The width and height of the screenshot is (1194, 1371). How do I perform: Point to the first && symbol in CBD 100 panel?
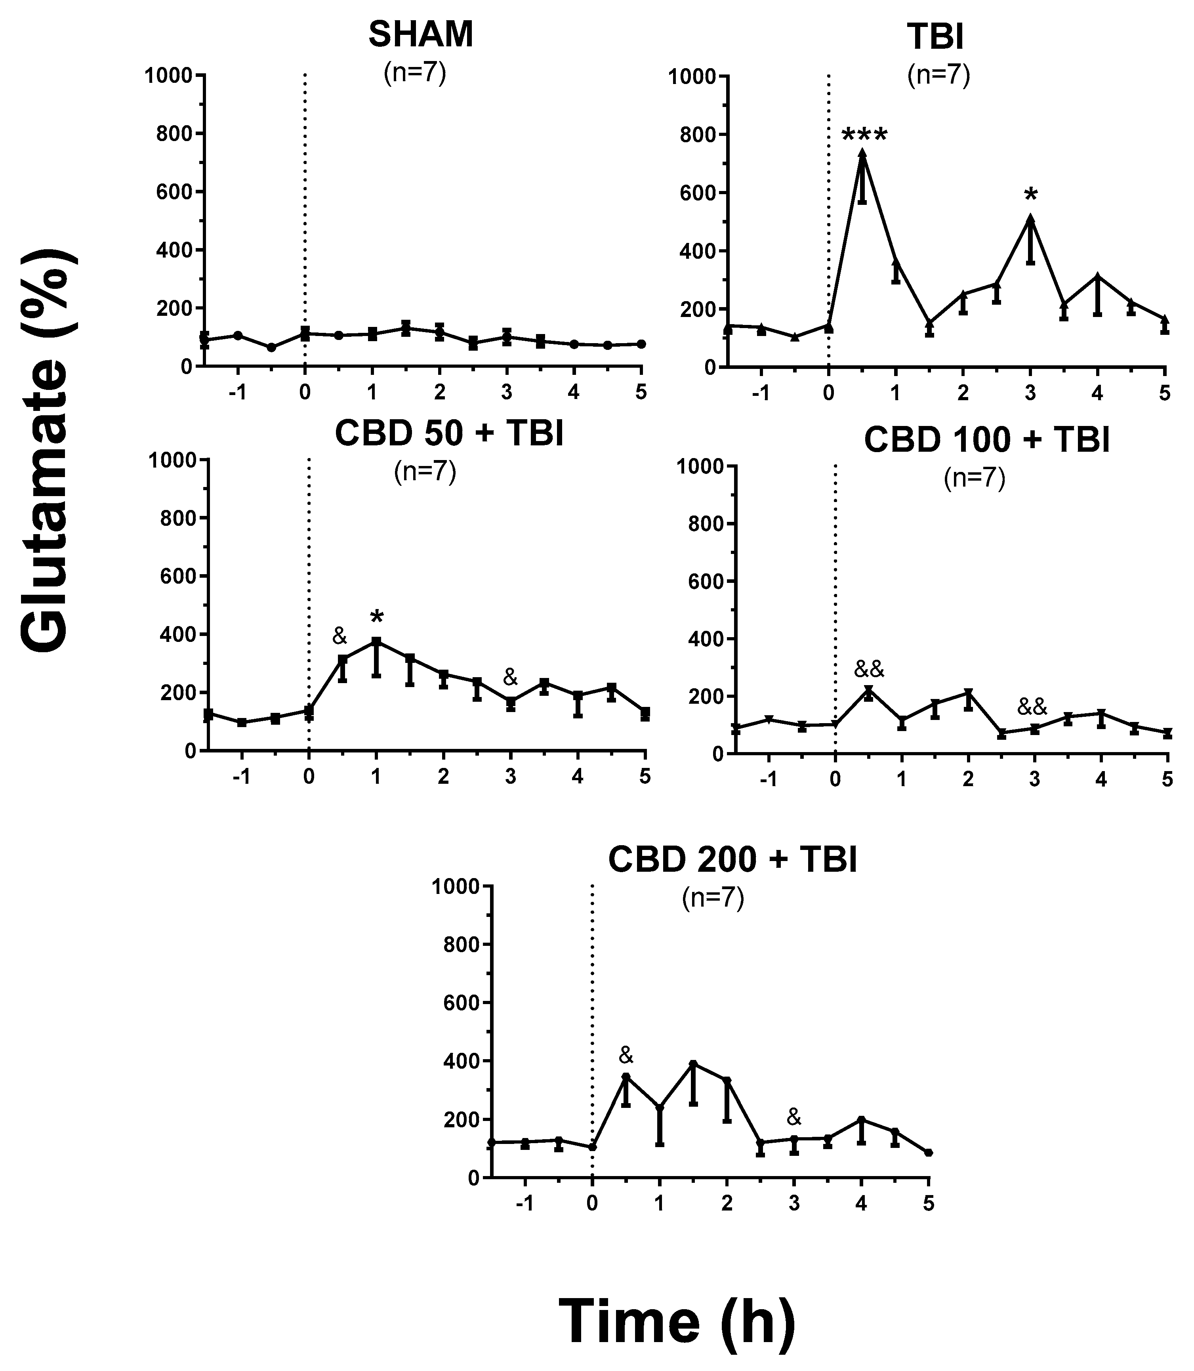pyautogui.click(x=869, y=668)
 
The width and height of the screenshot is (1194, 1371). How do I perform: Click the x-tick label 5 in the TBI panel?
pyautogui.click(x=1164, y=393)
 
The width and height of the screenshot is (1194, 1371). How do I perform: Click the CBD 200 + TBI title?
pyautogui.click(x=732, y=860)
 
